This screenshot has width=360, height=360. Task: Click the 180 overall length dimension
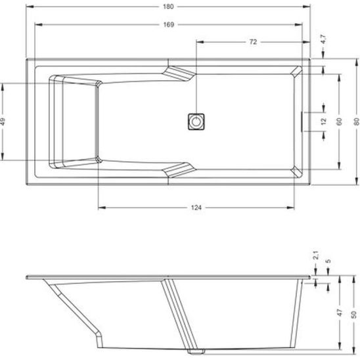coord(168,7)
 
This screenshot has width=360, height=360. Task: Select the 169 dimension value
coord(169,24)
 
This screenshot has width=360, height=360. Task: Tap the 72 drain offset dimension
coord(253,42)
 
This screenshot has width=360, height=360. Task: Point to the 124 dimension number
coord(196,208)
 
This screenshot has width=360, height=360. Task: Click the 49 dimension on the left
coord(3,122)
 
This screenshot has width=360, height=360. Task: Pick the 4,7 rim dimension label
coord(323,39)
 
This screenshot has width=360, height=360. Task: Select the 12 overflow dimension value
coord(323,122)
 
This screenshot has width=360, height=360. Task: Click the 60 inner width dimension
coord(339,122)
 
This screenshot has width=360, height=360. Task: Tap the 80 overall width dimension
coord(356,122)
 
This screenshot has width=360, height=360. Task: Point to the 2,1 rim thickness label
coord(316,256)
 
